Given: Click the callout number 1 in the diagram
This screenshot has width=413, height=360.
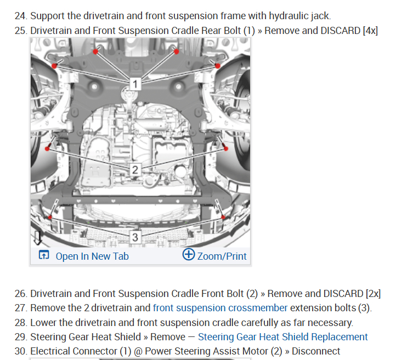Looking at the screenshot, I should click(x=136, y=84).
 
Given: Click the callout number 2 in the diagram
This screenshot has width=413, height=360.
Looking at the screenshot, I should click(x=136, y=169).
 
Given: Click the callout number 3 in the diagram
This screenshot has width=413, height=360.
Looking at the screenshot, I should click(x=136, y=237).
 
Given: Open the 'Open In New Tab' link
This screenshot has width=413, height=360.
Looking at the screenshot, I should click(x=92, y=256).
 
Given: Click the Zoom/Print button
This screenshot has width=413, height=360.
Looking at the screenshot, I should click(x=221, y=256).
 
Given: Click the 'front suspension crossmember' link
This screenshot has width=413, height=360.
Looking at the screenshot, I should click(x=220, y=308).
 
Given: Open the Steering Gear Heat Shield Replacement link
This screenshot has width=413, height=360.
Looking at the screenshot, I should click(x=282, y=336).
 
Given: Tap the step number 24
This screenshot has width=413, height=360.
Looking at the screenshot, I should click(x=20, y=15).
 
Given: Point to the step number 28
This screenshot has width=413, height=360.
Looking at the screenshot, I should click(x=20, y=322).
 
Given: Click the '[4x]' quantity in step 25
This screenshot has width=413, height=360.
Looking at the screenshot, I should click(x=370, y=30).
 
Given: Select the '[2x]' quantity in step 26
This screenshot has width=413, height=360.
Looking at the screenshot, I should click(x=372, y=294).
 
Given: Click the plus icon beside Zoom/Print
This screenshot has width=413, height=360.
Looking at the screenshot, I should click(x=189, y=255).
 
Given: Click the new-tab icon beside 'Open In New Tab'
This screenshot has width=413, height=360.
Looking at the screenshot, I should click(x=43, y=255).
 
